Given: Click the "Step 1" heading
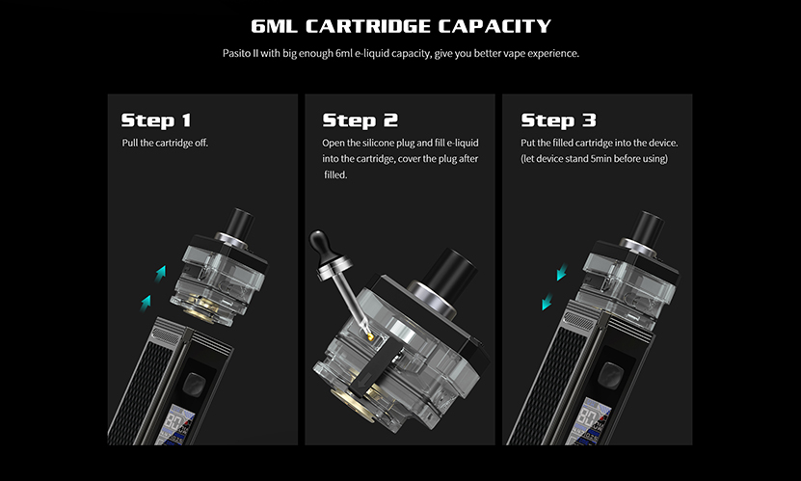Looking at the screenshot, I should pyautogui.click(x=156, y=120).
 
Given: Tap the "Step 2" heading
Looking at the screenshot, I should pyautogui.click(x=360, y=120).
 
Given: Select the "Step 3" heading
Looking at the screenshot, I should pyautogui.click(x=559, y=120).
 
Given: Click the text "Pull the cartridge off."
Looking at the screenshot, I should pyautogui.click(x=165, y=143).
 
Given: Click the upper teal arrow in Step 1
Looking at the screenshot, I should pyautogui.click(x=161, y=273).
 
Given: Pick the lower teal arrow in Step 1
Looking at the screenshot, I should pyautogui.click(x=146, y=302).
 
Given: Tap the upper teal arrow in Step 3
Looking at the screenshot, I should pyautogui.click(x=561, y=275).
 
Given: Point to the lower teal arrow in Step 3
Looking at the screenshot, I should pyautogui.click(x=546, y=303).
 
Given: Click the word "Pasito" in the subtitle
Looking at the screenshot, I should pyautogui.click(x=236, y=53).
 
